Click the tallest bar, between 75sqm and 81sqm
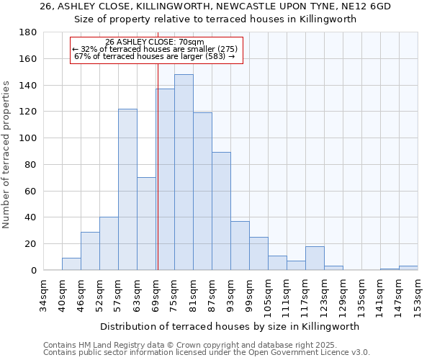(184, 173)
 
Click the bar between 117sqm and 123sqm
(315, 258)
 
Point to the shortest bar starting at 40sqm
(71, 264)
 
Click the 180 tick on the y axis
(29, 32)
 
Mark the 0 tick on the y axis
(34, 271)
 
